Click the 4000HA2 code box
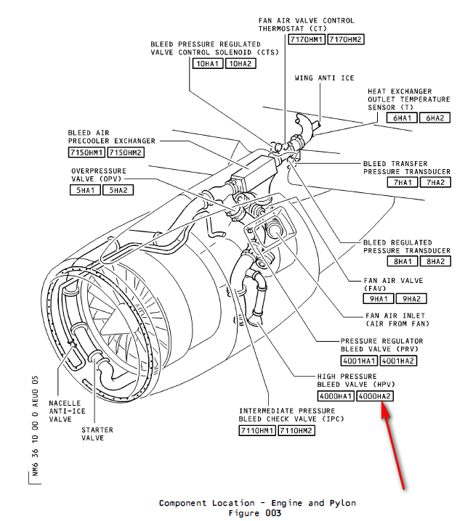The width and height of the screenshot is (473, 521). (376, 396)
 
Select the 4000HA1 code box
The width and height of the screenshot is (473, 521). (336, 396)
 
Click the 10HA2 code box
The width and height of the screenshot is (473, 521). (242, 64)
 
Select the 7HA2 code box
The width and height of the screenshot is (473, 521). (435, 182)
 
